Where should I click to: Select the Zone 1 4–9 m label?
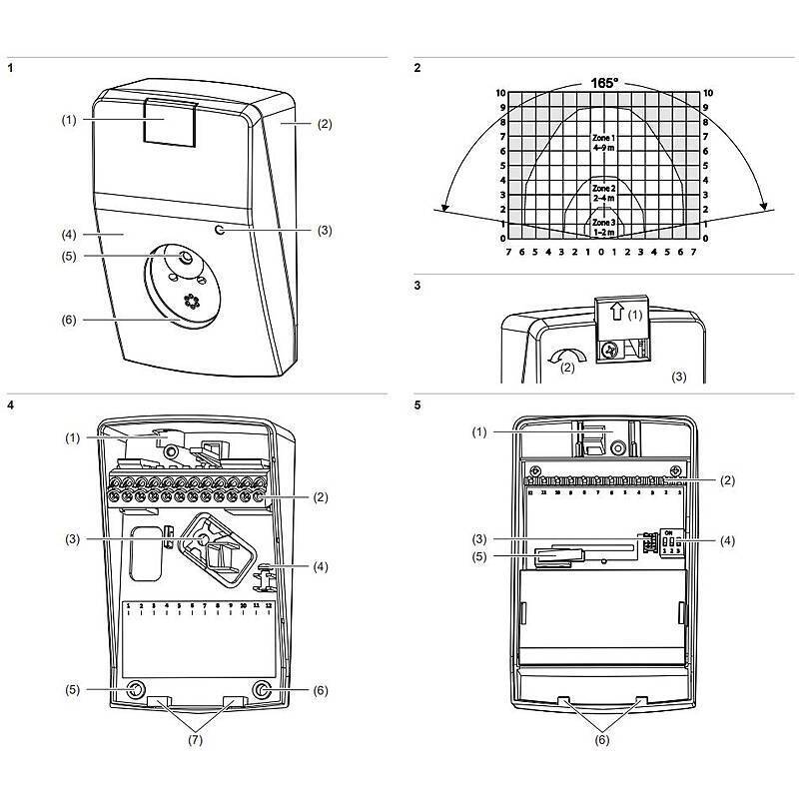coord(602,141)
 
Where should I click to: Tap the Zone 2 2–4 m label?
coord(603,193)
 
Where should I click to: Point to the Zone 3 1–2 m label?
coord(603,227)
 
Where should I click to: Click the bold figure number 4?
coord(11,406)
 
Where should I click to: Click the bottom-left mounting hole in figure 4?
coord(135,690)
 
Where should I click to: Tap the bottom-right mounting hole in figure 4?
coord(262,690)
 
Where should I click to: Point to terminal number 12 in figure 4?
coord(268,605)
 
